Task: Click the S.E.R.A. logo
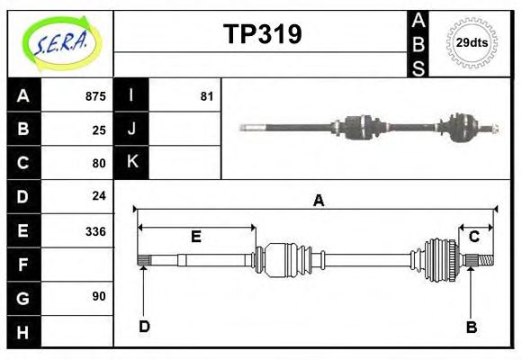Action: click(x=60, y=42)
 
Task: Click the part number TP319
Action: click(x=262, y=34)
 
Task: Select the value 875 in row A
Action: click(x=94, y=95)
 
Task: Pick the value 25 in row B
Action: click(x=99, y=130)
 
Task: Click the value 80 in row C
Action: click(x=99, y=163)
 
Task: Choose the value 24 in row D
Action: click(x=99, y=195)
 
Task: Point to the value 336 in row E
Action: click(x=94, y=230)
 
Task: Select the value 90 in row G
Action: click(x=99, y=296)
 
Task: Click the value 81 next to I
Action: click(x=206, y=95)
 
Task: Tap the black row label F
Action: click(x=23, y=265)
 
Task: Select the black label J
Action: click(x=131, y=129)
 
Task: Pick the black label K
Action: click(x=131, y=162)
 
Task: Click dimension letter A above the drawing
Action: click(x=318, y=201)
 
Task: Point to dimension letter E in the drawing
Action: click(x=195, y=237)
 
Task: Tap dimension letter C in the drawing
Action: click(x=473, y=236)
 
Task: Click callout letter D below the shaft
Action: click(x=144, y=327)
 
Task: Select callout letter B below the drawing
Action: click(x=471, y=327)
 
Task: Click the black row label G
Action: click(x=23, y=298)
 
